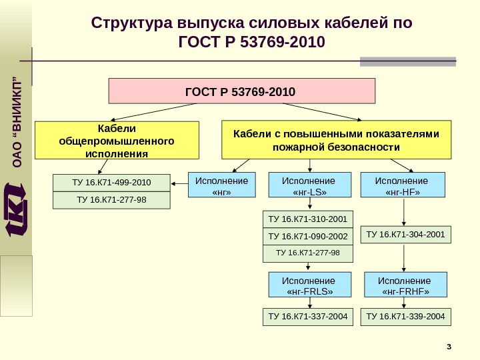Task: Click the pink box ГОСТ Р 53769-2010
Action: click(x=242, y=91)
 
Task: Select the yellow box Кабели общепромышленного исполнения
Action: click(x=117, y=140)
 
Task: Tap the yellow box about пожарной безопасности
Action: click(x=335, y=140)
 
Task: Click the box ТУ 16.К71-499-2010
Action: click(x=111, y=182)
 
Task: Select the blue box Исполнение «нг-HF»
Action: click(x=402, y=186)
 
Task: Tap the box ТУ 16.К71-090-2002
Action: click(x=309, y=237)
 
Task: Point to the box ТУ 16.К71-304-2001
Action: click(x=406, y=235)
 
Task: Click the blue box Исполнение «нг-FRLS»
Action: click(x=309, y=285)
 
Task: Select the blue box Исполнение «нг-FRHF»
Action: click(x=405, y=285)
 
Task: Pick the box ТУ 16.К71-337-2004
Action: click(x=309, y=317)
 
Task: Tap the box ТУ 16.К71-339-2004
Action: click(x=405, y=317)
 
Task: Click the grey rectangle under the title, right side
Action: click(x=408, y=62)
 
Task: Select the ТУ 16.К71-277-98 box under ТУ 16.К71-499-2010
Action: click(x=111, y=200)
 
